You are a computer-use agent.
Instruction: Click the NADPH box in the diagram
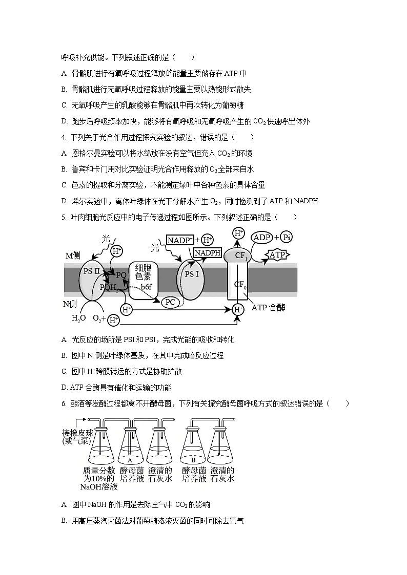click(208, 253)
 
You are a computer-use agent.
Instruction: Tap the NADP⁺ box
click(180, 240)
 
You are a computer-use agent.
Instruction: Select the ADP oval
click(262, 238)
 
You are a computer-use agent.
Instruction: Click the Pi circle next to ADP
click(288, 238)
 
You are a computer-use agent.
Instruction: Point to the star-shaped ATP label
click(277, 254)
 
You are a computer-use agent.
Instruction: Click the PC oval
click(170, 302)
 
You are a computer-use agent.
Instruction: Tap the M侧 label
click(73, 255)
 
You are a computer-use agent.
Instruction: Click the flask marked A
click(130, 451)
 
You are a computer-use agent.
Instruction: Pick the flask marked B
click(194, 451)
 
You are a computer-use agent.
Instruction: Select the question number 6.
click(64, 404)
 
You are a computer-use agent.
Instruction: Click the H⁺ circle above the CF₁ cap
click(239, 234)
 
